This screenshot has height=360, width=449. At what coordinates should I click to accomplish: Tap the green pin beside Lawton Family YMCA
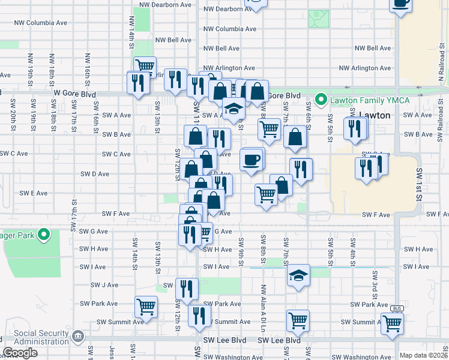pos(321,100)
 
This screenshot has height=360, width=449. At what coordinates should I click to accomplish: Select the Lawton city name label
pos(374,115)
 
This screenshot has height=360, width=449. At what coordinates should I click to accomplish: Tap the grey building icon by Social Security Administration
pos(79,337)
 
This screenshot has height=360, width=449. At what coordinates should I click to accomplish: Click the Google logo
pos(20,353)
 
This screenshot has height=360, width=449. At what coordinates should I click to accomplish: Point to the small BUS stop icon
pos(397,308)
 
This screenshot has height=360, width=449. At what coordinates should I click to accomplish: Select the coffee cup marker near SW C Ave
pos(251,159)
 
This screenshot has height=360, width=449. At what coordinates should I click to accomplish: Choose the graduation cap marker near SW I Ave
pos(298,275)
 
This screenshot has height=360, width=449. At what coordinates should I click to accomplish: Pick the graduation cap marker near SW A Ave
pos(234,109)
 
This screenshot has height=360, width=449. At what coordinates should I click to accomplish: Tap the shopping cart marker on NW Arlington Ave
pos(145,66)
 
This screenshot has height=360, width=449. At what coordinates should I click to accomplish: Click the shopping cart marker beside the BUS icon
pos(392,323)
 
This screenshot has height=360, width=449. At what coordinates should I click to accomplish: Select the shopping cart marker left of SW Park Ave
pos(146,307)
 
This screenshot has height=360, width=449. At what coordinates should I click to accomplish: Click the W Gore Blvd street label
pos(74,94)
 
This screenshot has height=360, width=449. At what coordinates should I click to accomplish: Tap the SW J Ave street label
pos(104,285)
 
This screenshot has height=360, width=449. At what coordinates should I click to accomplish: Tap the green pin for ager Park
pos(44,235)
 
